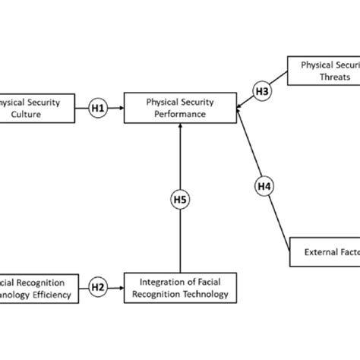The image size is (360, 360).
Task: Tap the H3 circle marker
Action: click(261, 91)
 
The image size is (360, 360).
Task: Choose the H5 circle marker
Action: click(180, 201)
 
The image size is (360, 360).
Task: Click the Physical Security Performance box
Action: click(180, 107)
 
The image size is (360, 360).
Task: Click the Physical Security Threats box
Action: click(324, 73)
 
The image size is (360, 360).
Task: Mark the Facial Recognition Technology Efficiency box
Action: click(38, 286)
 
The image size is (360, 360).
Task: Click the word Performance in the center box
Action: click(180, 114)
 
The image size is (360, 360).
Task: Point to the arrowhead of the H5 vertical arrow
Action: click(180, 126)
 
